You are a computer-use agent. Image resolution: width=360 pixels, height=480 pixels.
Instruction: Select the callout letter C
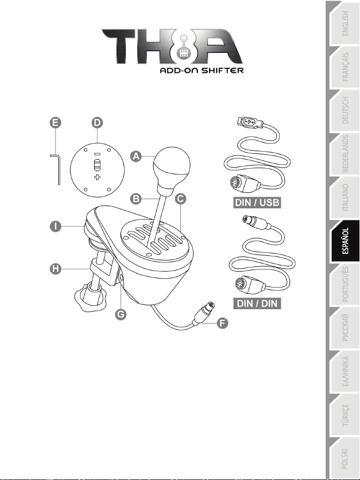click(x=180, y=199)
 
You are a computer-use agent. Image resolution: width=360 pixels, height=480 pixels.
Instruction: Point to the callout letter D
click(x=97, y=123)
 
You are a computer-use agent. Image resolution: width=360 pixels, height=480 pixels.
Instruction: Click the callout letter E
click(x=56, y=123)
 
